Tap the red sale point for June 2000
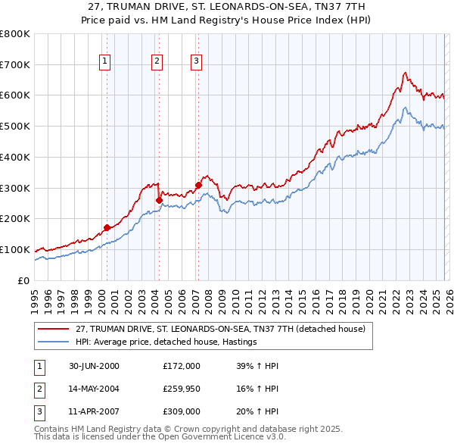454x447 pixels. tap(107, 227)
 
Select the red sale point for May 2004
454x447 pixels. tap(159, 200)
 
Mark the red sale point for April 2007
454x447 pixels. tap(198, 185)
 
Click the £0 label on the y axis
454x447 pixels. tap(23, 280)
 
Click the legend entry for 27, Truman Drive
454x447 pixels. tap(220, 329)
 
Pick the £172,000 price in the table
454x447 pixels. tap(182, 366)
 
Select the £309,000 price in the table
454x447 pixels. tap(182, 412)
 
